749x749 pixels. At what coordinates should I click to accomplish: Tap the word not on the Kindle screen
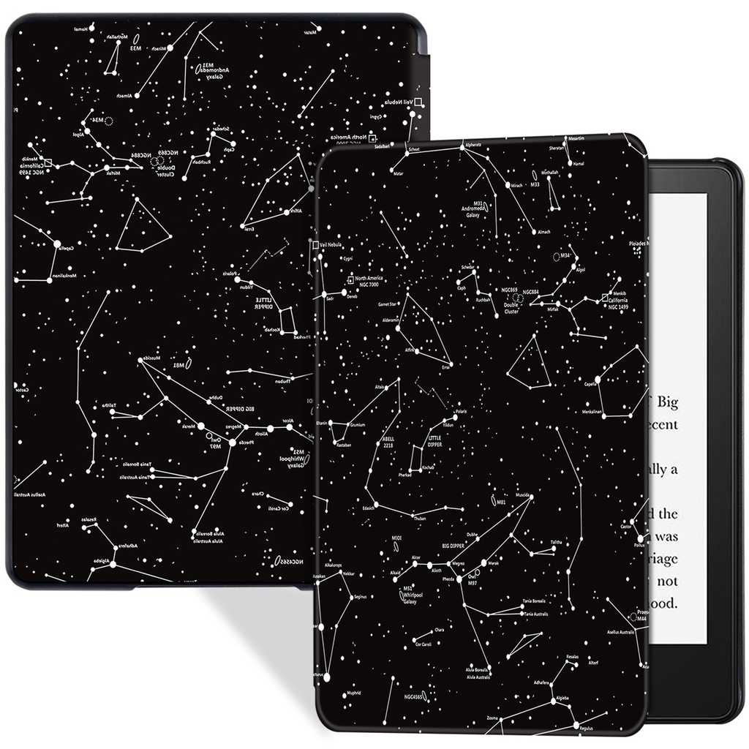coord(668,581)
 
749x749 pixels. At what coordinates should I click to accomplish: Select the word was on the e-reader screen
coord(667,536)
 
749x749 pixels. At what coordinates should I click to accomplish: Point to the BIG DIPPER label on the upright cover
coord(453,545)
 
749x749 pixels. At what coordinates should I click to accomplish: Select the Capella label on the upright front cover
coord(590,383)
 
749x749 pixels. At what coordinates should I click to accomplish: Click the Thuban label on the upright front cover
coord(420,519)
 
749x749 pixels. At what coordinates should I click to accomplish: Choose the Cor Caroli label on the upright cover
coord(424,644)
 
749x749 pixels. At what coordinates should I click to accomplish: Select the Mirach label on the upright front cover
coord(516,186)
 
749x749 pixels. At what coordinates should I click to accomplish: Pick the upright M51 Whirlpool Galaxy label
coord(409,595)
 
